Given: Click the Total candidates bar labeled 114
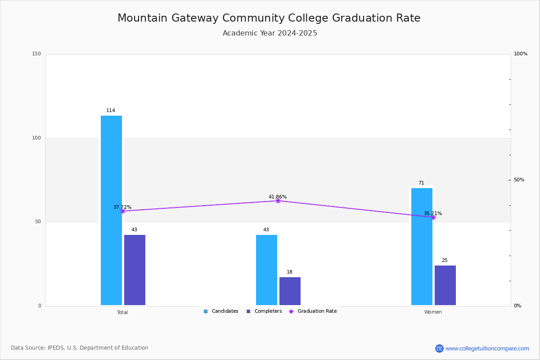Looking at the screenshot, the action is pyautogui.click(x=111, y=210).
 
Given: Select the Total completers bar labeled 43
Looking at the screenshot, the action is pyautogui.click(x=135, y=270).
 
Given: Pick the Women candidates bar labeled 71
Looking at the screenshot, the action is pyautogui.click(x=422, y=247).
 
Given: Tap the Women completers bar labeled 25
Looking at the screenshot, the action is pyautogui.click(x=445, y=285).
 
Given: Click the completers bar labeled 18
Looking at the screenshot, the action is pyautogui.click(x=290, y=291).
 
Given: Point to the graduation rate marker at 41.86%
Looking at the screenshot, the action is pyautogui.click(x=278, y=201).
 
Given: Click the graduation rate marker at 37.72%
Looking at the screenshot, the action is pyautogui.click(x=123, y=211).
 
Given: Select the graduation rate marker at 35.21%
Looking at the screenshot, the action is pyautogui.click(x=433, y=217).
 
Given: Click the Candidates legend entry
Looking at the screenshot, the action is pyautogui.click(x=221, y=311).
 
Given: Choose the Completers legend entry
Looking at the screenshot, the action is pyautogui.click(x=264, y=311).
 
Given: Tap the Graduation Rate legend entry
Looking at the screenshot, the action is pyautogui.click(x=313, y=311).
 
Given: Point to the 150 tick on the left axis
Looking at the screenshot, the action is pyautogui.click(x=36, y=54).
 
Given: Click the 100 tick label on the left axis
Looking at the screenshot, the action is pyautogui.click(x=36, y=138).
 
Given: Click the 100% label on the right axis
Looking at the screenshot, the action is pyautogui.click(x=521, y=54).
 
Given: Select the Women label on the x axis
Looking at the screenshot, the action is pyautogui.click(x=433, y=312).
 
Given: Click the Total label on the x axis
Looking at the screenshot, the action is pyautogui.click(x=122, y=312).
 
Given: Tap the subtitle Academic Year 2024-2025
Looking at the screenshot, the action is pyautogui.click(x=270, y=33).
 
